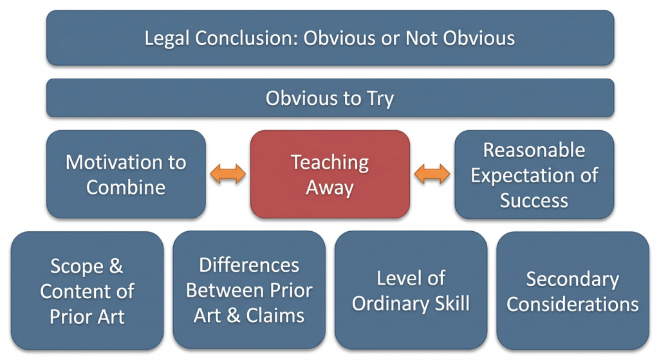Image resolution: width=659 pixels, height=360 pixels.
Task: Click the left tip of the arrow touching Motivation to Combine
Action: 210,174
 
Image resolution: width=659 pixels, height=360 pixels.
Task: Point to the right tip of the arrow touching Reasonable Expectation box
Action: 450,174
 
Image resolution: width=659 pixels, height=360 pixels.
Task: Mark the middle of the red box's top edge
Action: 330,130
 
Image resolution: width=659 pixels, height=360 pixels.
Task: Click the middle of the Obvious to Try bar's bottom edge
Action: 330,117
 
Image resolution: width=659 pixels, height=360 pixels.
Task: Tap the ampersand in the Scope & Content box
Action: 116,266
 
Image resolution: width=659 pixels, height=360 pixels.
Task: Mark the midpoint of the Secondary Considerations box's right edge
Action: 649,290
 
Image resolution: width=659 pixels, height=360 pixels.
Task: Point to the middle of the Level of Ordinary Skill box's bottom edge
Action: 411,349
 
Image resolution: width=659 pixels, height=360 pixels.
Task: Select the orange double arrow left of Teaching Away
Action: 228,174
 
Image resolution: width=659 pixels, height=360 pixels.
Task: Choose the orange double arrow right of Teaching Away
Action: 432,174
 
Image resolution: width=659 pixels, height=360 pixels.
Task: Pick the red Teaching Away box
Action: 330,174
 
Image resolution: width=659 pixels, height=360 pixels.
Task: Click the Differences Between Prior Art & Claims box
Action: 249,290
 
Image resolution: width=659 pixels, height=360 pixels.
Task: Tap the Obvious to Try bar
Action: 330,98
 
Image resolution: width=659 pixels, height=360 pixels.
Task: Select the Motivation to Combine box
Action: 126,174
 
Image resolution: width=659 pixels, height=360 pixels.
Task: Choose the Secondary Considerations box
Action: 573,290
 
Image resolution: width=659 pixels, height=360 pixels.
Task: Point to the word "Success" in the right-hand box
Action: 534,200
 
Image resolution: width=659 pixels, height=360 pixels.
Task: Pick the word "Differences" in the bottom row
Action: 249,265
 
